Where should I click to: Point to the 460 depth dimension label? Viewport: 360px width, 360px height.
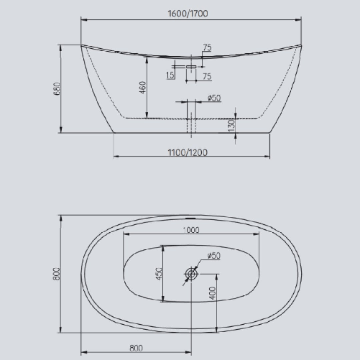pyautogui.click(x=143, y=88)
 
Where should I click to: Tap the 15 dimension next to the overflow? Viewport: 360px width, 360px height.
pyautogui.click(x=170, y=75)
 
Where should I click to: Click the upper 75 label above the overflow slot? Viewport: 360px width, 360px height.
pyautogui.click(x=207, y=48)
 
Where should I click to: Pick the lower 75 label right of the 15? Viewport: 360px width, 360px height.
pyautogui.click(x=206, y=75)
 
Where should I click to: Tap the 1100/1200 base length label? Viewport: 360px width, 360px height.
pyautogui.click(x=191, y=152)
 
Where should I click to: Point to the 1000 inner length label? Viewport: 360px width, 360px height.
pyautogui.click(x=191, y=231)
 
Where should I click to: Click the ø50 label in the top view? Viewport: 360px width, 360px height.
pyautogui.click(x=214, y=256)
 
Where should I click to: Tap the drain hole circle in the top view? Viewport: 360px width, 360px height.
pyautogui.click(x=191, y=274)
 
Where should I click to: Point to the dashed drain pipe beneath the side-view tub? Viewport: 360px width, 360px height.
pyautogui.click(x=190, y=126)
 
